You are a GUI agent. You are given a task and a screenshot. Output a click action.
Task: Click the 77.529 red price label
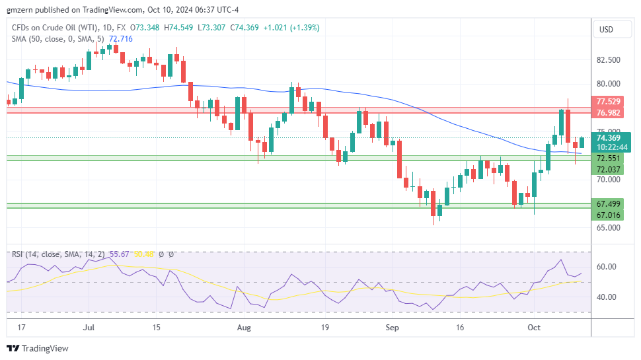[607, 102]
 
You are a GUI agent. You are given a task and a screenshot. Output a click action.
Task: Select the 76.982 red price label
[607, 113]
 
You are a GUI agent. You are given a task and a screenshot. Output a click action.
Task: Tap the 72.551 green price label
[607, 159]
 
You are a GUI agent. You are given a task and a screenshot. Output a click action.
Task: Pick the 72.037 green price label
[607, 170]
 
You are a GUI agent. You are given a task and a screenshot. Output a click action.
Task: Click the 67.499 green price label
[607, 204]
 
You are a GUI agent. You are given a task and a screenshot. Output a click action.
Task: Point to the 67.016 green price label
[607, 215]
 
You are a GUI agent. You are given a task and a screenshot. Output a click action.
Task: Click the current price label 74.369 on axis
[607, 137]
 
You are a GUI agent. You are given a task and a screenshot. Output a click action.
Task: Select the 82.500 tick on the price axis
[607, 59]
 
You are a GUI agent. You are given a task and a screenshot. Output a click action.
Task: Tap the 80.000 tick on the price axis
[607, 84]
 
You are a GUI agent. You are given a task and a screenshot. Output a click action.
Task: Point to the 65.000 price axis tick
[607, 228]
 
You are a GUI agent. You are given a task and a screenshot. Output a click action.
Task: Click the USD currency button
[606, 30]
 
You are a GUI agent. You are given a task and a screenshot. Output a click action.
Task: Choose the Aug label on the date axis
[245, 327]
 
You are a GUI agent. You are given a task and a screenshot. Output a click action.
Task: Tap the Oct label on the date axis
[535, 327]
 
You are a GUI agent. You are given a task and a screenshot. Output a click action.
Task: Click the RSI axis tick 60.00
[607, 267]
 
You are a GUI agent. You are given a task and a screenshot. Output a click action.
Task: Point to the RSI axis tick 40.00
[607, 297]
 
